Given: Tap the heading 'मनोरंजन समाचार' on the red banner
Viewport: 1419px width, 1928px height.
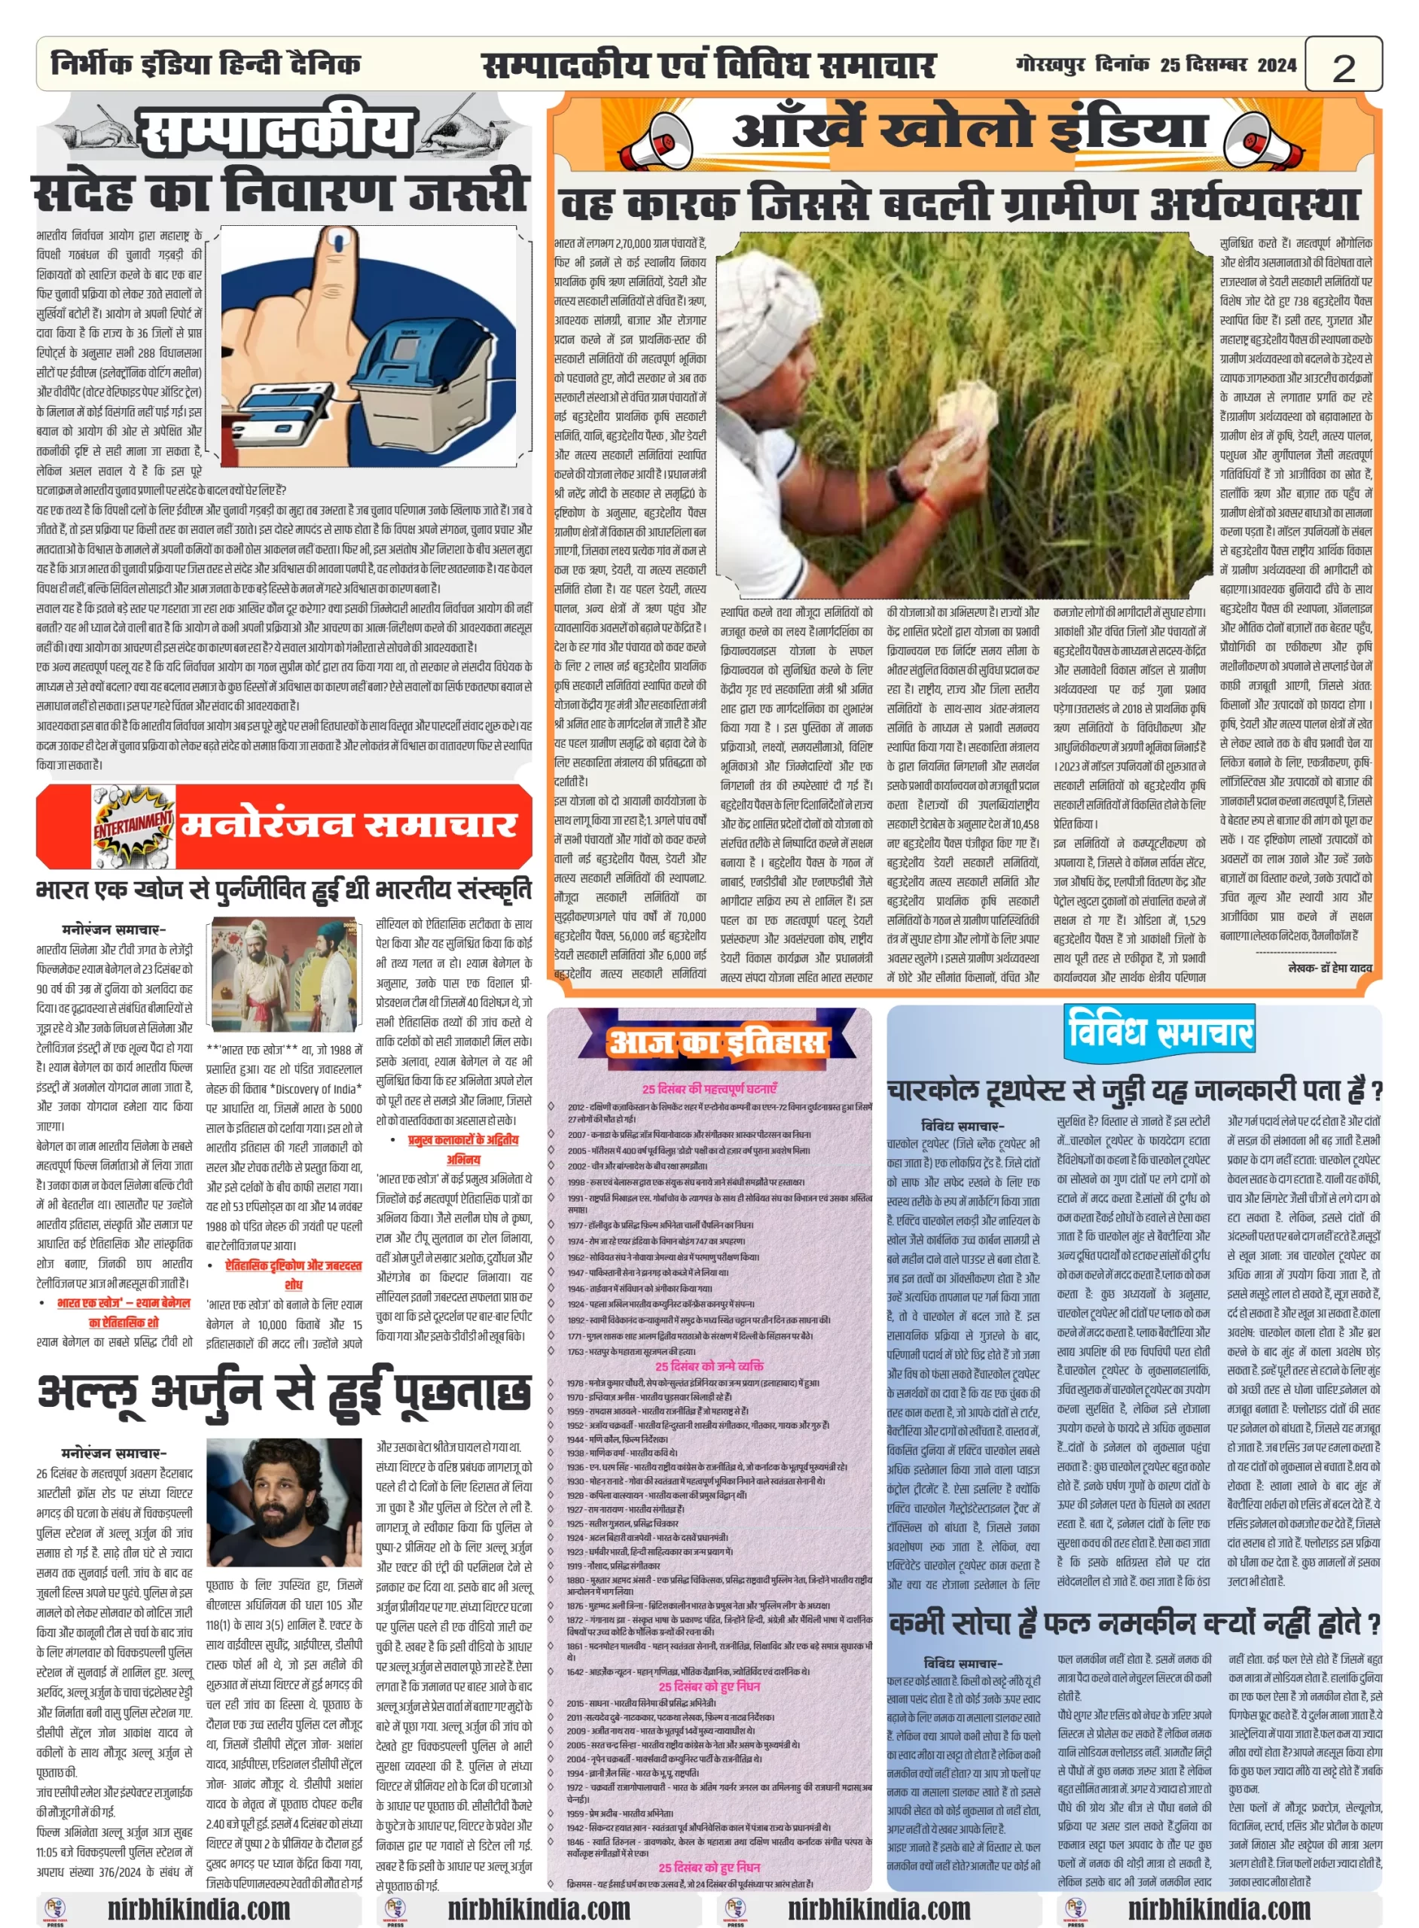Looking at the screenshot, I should tap(347, 825).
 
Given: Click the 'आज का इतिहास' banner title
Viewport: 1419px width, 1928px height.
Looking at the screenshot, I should tap(716, 1042).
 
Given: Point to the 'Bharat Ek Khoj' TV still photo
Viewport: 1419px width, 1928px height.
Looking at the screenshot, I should tap(284, 975).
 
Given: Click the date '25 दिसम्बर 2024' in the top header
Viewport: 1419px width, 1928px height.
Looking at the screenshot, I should tap(1228, 66).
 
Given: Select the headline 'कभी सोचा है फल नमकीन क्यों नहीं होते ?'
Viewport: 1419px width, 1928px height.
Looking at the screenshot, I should tap(1134, 1624).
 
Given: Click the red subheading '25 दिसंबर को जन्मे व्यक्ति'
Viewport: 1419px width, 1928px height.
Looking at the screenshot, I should tap(709, 1365).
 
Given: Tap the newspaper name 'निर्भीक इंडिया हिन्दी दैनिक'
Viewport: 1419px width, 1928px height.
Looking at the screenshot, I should tap(206, 65).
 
